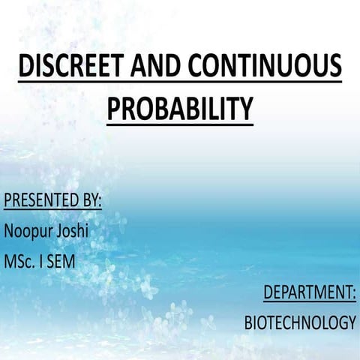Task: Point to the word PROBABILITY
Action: click(x=180, y=109)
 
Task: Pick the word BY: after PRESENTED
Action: click(x=91, y=201)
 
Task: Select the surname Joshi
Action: click(x=72, y=230)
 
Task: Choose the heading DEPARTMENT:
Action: click(x=309, y=292)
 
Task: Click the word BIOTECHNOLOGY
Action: click(x=300, y=323)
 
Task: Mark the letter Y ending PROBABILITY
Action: click(x=246, y=109)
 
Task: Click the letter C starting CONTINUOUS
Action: click(x=197, y=67)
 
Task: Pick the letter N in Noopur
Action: click(x=9, y=230)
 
